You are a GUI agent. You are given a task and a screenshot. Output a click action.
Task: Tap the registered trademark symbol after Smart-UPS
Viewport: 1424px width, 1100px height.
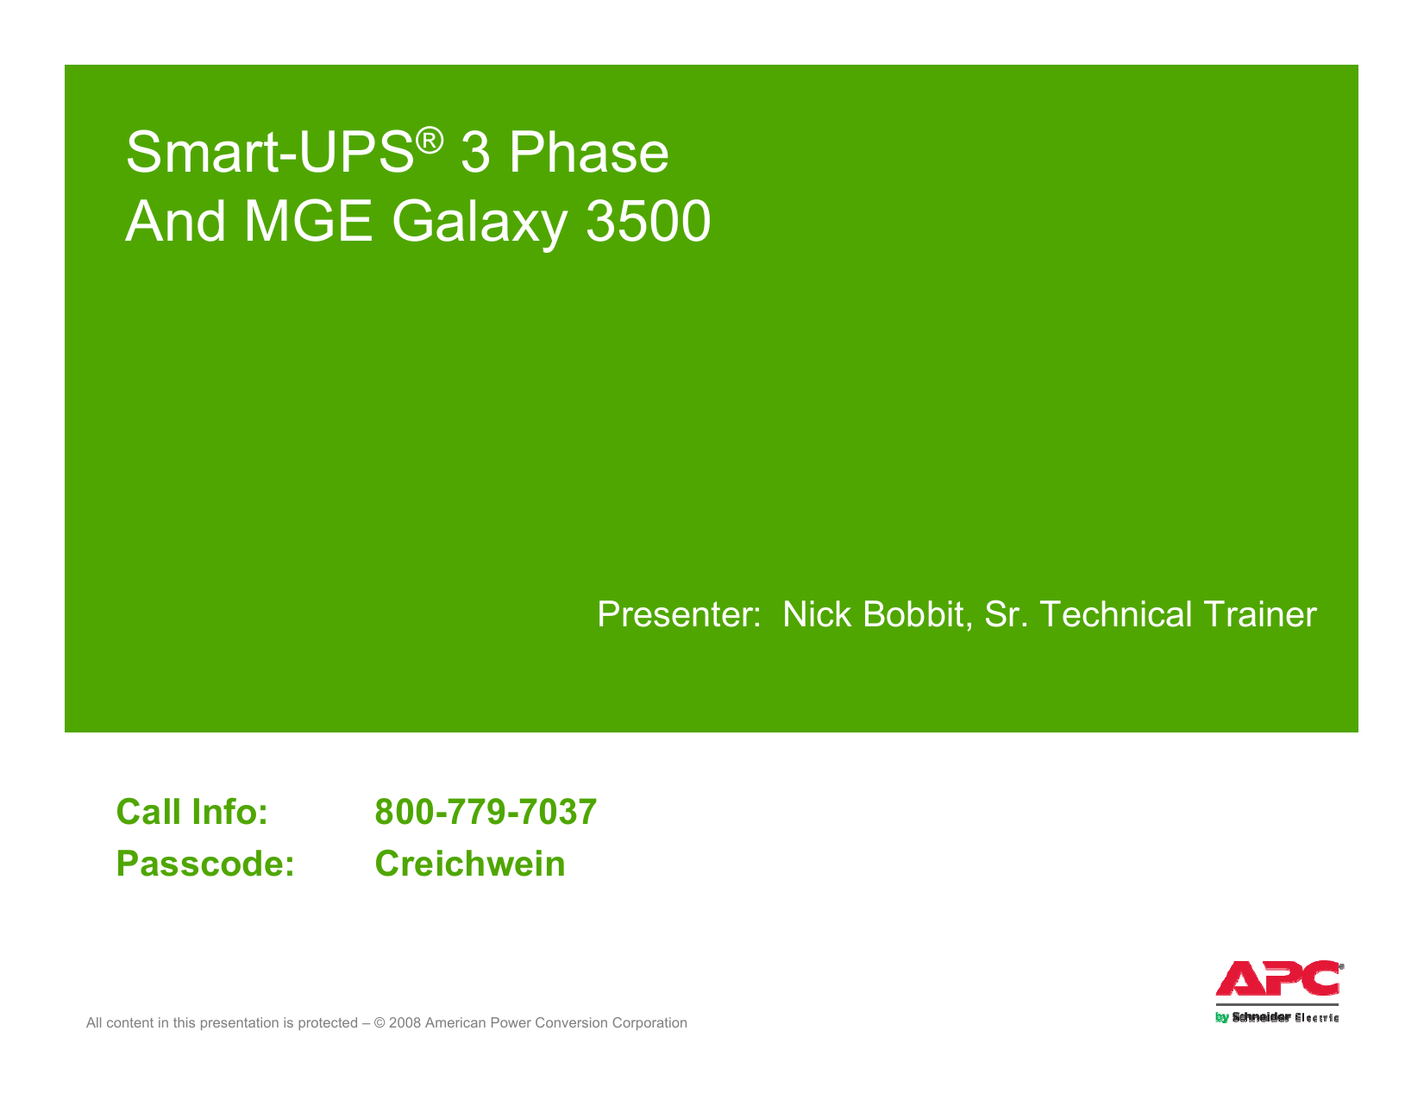click(430, 139)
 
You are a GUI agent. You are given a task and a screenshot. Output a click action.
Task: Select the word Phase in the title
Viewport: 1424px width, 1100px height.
click(588, 154)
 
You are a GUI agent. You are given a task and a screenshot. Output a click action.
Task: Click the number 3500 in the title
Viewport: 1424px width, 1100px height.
click(648, 222)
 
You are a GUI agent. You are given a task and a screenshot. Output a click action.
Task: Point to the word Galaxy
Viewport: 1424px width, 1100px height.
click(480, 223)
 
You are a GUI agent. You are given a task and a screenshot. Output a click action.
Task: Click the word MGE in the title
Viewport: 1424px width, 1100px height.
click(308, 222)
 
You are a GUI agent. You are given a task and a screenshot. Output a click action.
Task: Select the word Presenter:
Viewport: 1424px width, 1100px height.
click(679, 615)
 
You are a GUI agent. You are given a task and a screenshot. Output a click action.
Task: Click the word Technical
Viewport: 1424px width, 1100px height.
click(1116, 615)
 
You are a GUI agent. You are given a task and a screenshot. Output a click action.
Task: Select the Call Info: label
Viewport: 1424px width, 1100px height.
click(191, 813)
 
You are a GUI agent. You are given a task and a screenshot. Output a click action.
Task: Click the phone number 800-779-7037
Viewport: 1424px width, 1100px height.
click(486, 813)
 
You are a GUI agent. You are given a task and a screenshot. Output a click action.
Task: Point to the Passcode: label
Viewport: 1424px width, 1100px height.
click(205, 864)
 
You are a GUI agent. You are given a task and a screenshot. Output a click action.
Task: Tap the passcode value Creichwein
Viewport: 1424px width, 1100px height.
click(470, 864)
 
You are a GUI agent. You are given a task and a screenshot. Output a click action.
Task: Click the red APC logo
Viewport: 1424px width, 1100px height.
click(1277, 979)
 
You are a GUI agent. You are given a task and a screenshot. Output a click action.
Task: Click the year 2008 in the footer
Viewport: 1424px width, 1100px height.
click(405, 1023)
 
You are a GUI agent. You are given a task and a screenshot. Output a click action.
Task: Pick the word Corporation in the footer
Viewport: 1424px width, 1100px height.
click(649, 1023)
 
